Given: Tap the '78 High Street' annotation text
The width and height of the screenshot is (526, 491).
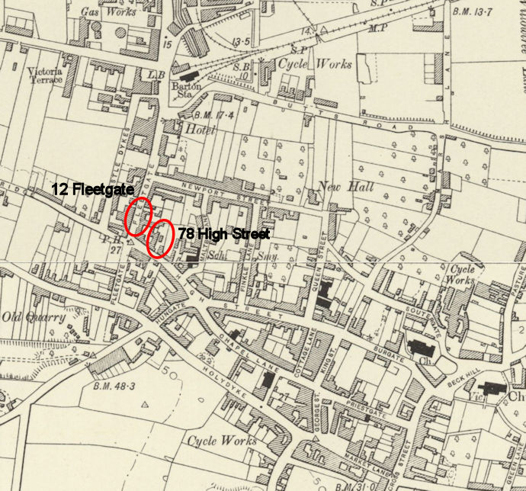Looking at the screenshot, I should click(x=223, y=234).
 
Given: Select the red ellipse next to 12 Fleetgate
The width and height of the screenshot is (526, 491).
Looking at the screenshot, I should click(x=138, y=216).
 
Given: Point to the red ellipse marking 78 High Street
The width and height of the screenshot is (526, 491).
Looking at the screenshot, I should click(x=159, y=238).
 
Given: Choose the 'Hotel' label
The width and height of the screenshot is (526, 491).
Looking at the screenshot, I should click(x=200, y=130).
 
